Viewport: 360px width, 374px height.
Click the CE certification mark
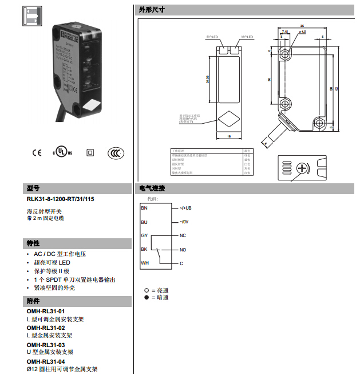click(x=37, y=152)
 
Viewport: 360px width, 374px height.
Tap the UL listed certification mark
click(x=62, y=152)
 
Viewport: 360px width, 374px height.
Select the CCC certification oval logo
click(x=116, y=152)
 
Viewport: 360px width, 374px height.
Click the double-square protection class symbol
click(x=89, y=152)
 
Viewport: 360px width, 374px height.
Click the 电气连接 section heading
click(x=152, y=188)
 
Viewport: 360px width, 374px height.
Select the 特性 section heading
click(x=33, y=243)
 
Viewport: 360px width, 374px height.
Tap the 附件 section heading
click(x=33, y=301)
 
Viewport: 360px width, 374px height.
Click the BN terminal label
click(x=144, y=207)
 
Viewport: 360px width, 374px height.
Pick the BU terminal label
click(x=144, y=222)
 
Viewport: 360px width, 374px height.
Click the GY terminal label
click(x=144, y=235)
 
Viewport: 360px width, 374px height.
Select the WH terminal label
click(x=144, y=263)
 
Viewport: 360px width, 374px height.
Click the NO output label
click(x=183, y=250)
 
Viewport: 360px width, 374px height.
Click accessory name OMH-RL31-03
click(x=46, y=345)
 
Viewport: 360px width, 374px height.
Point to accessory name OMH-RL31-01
click(x=46, y=311)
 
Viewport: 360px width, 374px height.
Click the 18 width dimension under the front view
click(x=228, y=136)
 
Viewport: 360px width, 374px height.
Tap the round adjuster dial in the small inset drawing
click(x=303, y=168)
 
